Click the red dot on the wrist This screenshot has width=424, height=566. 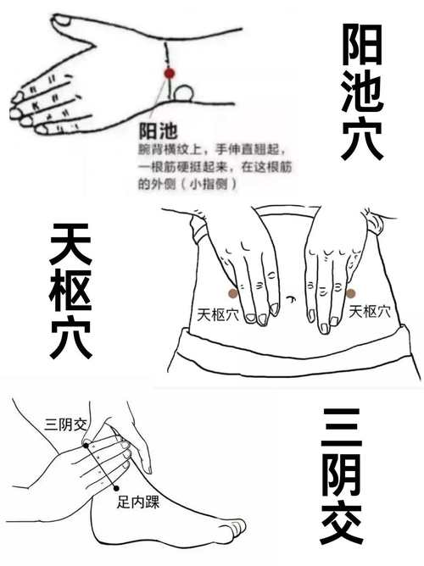pyautogui.click(x=169, y=74)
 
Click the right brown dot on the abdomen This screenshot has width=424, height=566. pyautogui.click(x=350, y=292)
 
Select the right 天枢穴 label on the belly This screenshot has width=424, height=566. pyautogui.click(x=371, y=312)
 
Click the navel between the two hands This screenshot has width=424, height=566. pyautogui.click(x=291, y=299)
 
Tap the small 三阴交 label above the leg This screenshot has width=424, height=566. pyautogui.click(x=64, y=421)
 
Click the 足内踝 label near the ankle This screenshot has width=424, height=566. pyautogui.click(x=139, y=502)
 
